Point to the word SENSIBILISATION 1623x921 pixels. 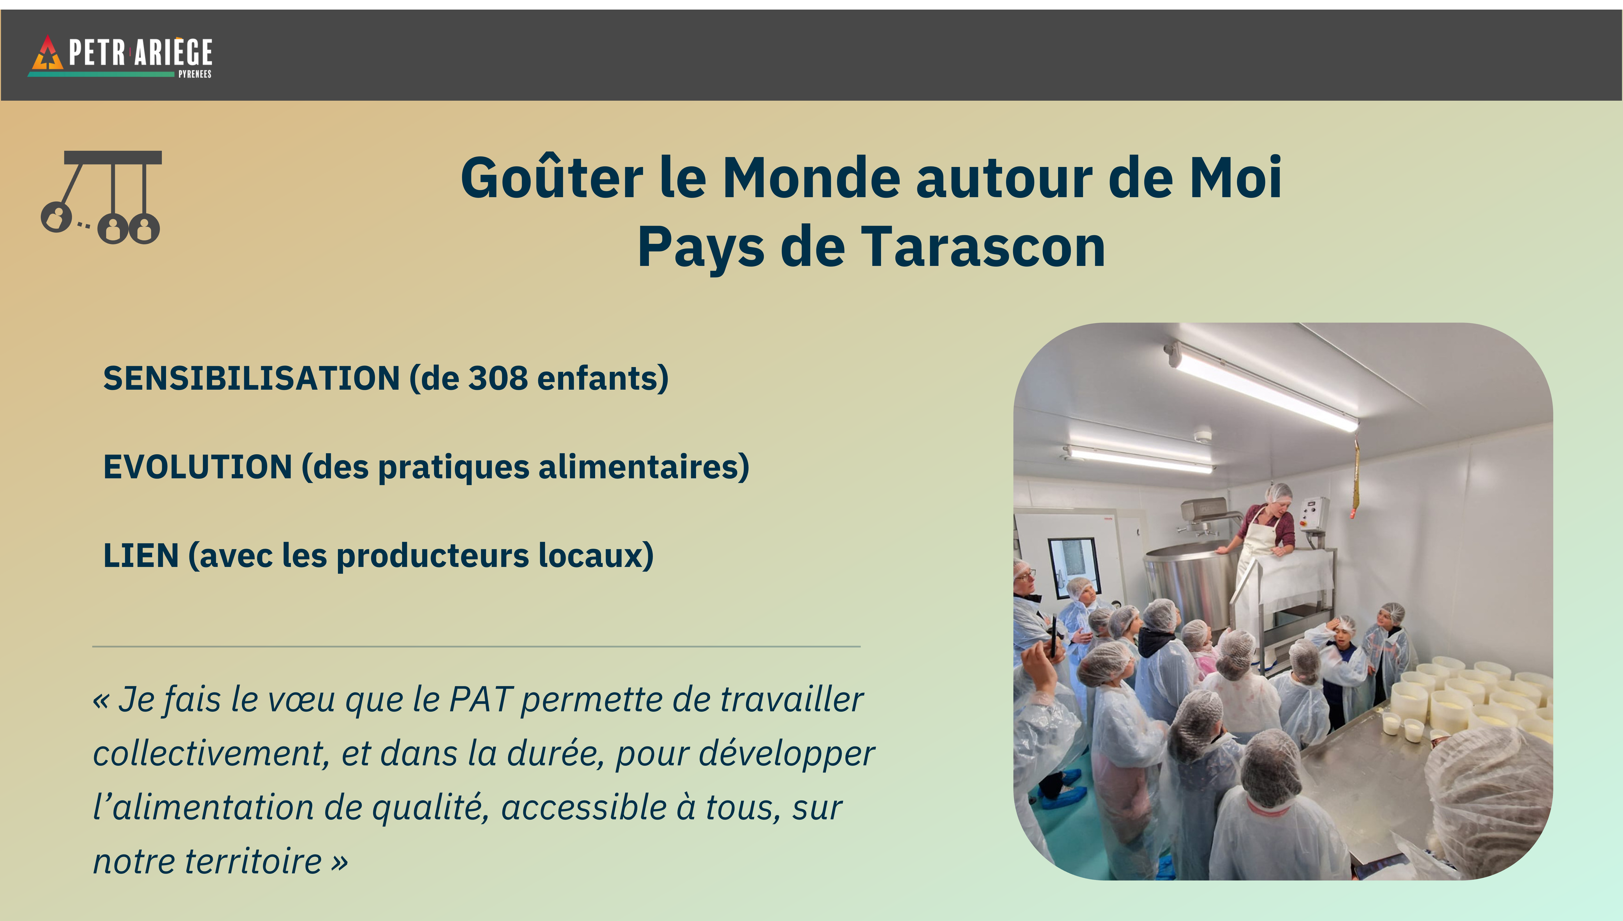251,378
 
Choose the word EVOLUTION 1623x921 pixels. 197,467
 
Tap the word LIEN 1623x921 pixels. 140,555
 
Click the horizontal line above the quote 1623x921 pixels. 476,646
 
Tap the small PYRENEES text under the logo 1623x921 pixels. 195,74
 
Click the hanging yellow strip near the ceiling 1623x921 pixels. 1355,478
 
